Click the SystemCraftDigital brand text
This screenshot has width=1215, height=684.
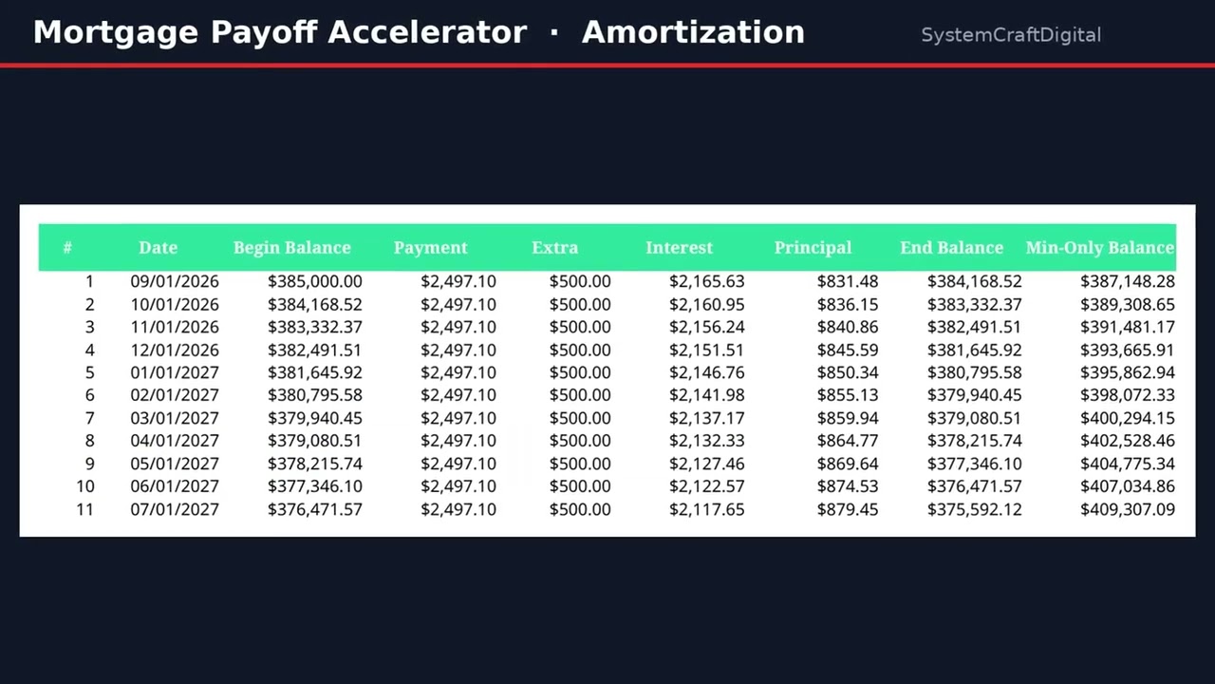tap(1011, 35)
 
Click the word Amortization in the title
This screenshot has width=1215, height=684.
tap(693, 32)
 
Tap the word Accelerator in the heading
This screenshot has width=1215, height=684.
tap(427, 32)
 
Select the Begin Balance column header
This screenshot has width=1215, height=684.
tap(291, 248)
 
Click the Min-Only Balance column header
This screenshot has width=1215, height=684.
tap(1100, 248)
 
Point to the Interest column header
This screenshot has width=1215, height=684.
tap(679, 248)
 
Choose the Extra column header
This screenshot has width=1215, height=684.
tap(555, 248)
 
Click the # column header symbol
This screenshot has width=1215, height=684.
tap(67, 248)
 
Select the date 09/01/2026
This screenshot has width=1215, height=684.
tap(175, 281)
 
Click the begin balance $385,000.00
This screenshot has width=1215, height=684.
tap(314, 281)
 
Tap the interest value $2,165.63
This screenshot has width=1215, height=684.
tap(707, 281)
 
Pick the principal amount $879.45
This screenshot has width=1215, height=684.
tap(848, 509)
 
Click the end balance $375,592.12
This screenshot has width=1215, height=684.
tap(975, 509)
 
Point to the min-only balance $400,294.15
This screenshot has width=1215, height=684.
tap(1128, 418)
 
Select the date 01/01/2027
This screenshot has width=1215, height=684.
tap(175, 372)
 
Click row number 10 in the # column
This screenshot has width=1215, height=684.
tap(85, 485)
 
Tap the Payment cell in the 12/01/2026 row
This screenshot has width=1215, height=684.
tap(458, 351)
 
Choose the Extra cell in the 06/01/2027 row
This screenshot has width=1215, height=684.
tap(580, 485)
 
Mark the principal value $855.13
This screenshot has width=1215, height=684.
tap(848, 394)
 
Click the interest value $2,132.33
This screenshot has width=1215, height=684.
tap(707, 440)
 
